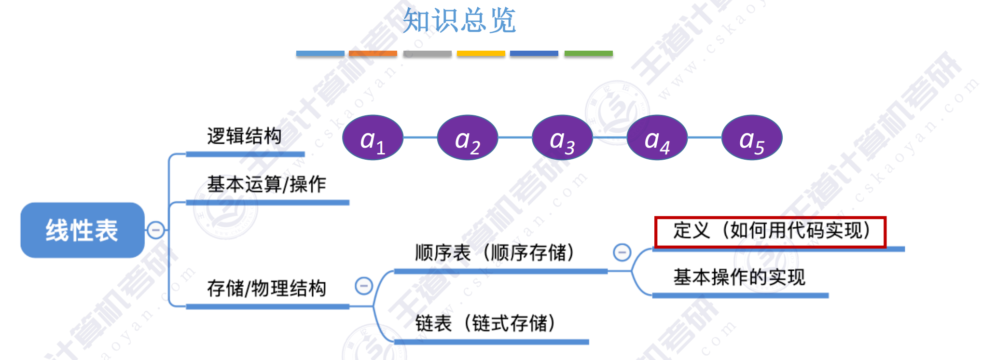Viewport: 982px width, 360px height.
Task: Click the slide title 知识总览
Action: point(459,21)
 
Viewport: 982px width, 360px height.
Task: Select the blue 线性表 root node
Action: point(82,230)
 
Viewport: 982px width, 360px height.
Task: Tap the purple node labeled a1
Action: point(373,138)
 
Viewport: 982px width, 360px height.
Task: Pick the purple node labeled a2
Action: point(467,138)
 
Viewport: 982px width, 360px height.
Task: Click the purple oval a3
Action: point(562,138)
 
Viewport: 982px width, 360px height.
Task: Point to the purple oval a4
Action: point(657,138)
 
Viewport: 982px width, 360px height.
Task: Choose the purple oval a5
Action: point(752,138)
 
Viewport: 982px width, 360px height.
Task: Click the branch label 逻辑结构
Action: point(244,136)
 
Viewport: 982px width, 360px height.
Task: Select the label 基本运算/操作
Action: point(266,184)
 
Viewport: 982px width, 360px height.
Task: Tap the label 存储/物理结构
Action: point(266,288)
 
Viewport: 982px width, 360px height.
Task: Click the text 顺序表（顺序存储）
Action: point(495,252)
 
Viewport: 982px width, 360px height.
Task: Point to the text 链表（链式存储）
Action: point(485,323)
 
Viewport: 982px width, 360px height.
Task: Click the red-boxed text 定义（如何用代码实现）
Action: point(771,231)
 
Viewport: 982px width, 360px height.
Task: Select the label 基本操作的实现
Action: point(739,277)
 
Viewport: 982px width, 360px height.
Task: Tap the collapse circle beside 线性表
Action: point(156,230)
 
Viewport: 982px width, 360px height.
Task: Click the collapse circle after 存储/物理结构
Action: point(364,286)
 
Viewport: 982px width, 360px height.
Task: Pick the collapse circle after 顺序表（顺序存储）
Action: point(622,252)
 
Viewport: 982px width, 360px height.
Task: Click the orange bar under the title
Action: point(373,54)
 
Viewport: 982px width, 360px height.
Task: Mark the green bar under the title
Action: point(588,54)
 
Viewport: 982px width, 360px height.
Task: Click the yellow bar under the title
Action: point(481,54)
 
